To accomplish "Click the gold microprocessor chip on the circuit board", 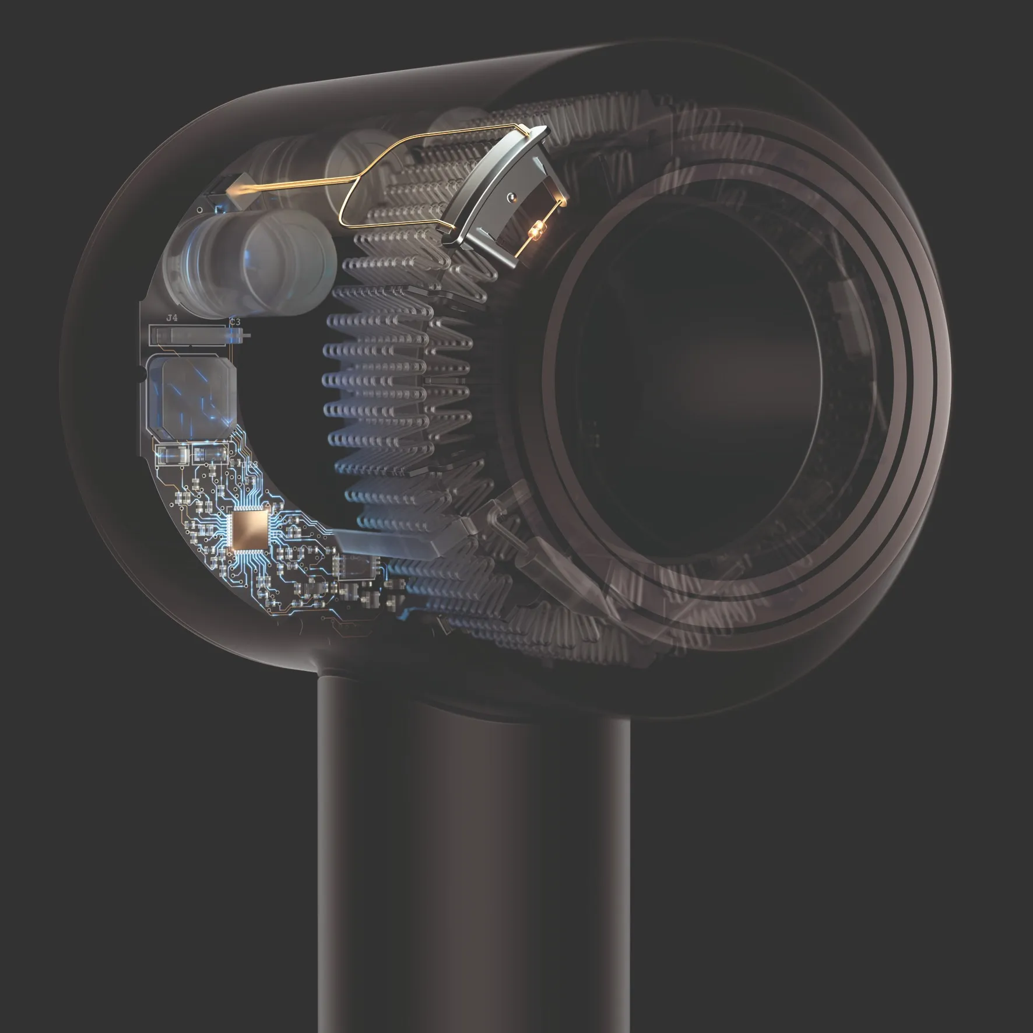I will click(250, 530).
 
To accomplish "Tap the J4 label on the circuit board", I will click(171, 318).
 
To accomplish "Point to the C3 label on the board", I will click(235, 321).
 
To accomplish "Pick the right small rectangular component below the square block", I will click(210, 453).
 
